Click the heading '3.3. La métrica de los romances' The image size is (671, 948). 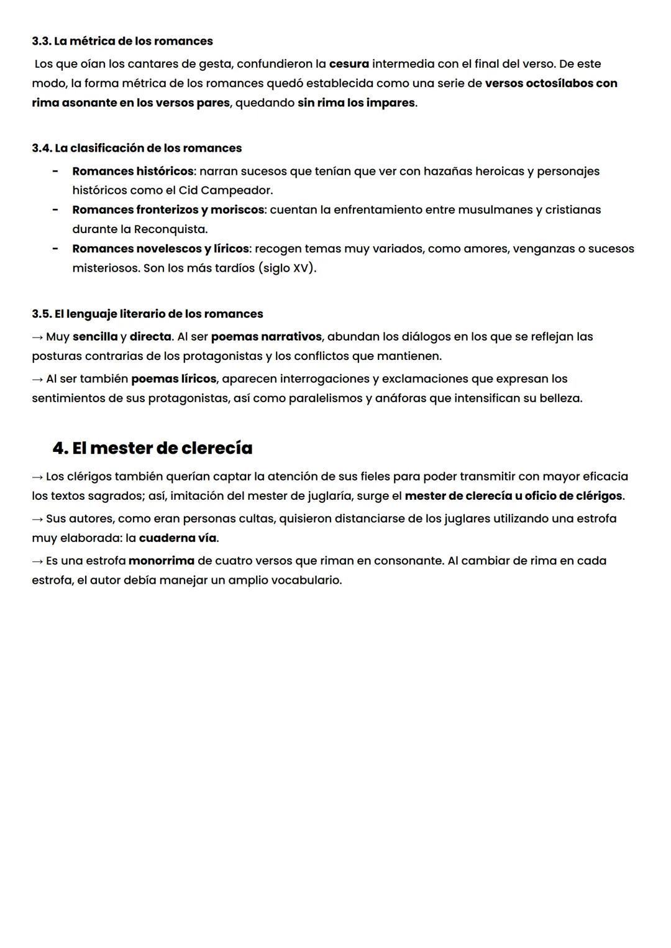point(122,41)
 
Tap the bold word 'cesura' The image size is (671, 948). point(349,63)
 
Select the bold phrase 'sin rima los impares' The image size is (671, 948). point(356,103)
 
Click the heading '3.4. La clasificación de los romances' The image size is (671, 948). point(137,148)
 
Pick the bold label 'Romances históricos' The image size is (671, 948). point(132,171)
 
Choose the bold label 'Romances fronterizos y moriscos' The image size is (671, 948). point(168,209)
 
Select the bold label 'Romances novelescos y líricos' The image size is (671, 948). point(160,249)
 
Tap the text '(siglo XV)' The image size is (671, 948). point(286,268)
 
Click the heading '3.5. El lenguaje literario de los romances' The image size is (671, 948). point(147,314)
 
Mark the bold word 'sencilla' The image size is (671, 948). point(95,336)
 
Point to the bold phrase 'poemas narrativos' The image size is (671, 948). point(266,336)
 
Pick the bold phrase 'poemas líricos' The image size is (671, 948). point(173,379)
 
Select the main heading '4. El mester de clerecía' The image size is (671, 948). point(152,448)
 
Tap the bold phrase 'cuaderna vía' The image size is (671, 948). point(178,538)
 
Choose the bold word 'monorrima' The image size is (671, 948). point(161,561)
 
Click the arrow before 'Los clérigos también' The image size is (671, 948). point(37,477)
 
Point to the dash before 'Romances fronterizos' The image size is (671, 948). point(55,210)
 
